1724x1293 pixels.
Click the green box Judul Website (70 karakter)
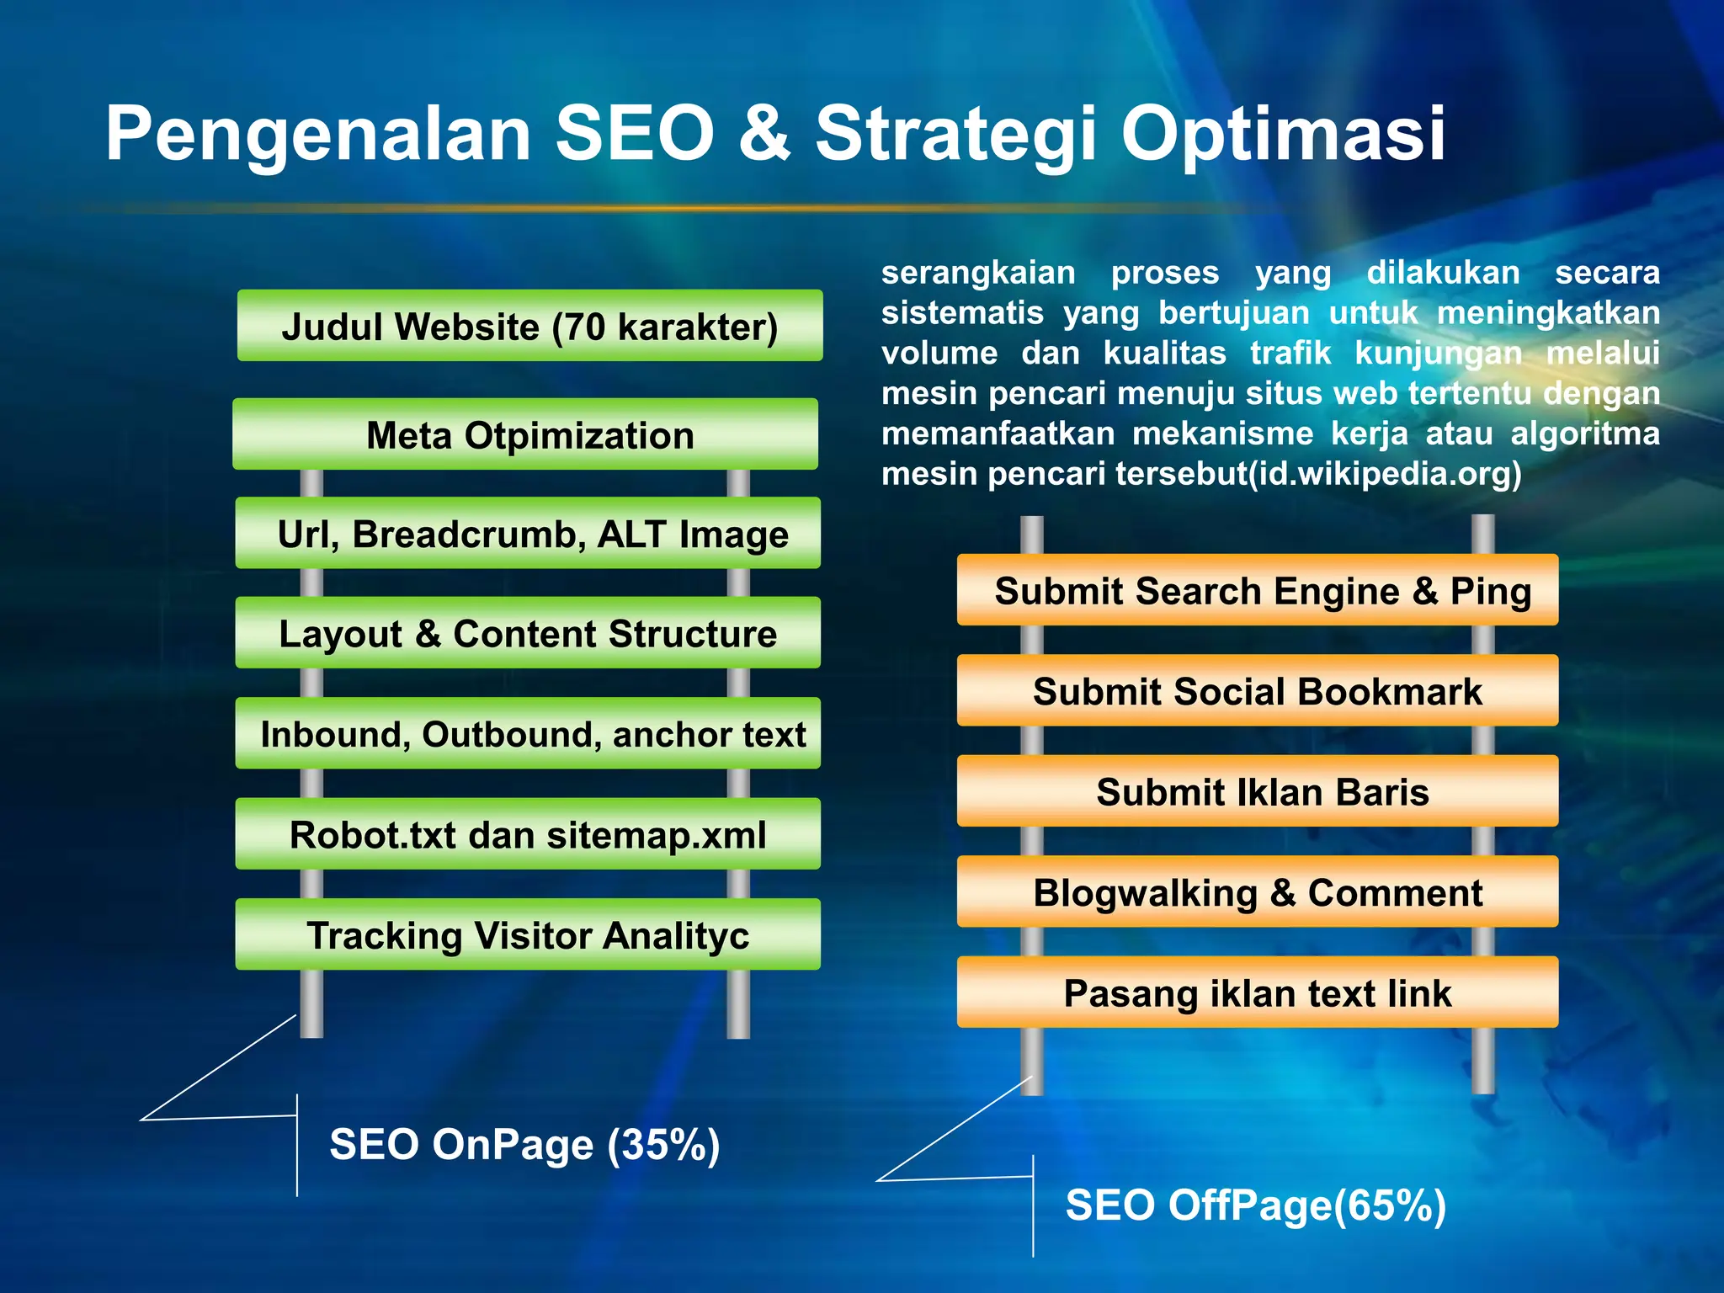(529, 326)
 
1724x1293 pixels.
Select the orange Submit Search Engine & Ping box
(1258, 590)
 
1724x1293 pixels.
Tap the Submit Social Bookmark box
(1258, 691)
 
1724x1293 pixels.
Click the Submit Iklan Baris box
(1258, 791)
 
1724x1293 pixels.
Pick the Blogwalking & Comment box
(1258, 892)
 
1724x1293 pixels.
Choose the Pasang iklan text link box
(1258, 992)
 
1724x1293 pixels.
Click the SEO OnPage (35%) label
(524, 1144)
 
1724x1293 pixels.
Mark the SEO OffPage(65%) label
(1255, 1205)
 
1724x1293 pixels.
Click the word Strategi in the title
(956, 135)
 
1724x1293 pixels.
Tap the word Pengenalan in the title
(318, 135)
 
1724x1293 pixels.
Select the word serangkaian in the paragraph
(978, 273)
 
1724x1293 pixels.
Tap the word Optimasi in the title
(1284, 135)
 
